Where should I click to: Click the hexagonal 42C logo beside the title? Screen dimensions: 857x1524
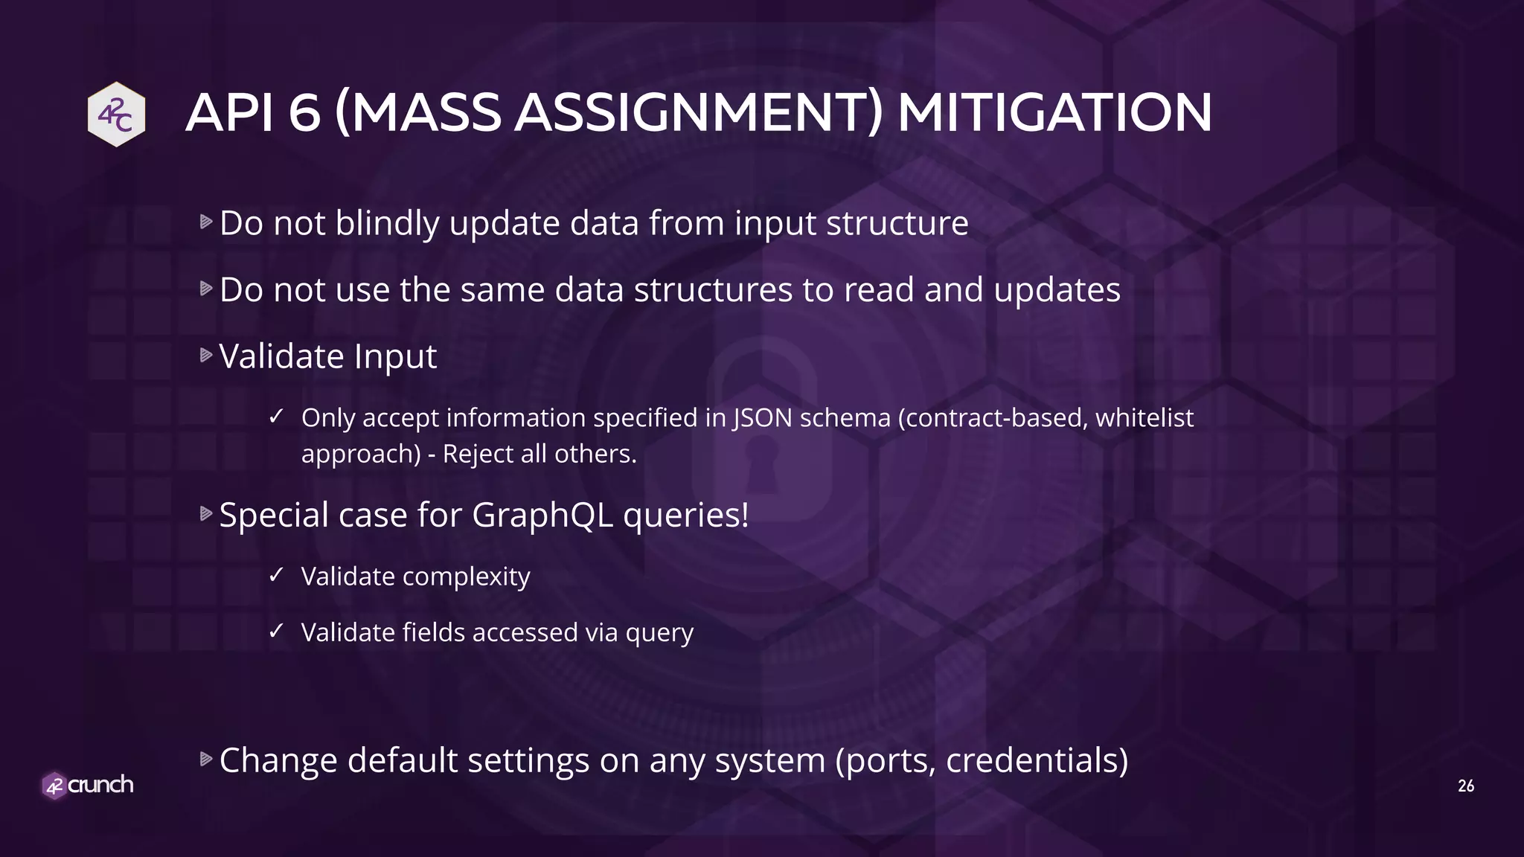point(116,114)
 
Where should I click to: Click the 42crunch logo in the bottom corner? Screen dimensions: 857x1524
point(88,785)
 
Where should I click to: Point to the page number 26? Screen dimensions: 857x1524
point(1465,786)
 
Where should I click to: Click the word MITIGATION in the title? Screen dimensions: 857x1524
point(1054,113)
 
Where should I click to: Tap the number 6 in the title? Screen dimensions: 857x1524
point(304,113)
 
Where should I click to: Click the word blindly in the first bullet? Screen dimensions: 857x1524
point(387,223)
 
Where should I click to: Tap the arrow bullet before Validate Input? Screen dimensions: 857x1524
point(206,356)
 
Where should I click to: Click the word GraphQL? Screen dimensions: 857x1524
point(542,515)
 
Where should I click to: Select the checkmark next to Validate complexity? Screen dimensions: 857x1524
point(276,574)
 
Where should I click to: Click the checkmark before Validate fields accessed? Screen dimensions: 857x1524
point(276,631)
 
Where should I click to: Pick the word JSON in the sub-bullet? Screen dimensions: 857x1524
point(763,418)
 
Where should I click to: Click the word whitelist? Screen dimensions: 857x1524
point(1144,418)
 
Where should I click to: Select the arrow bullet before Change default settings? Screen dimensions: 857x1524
point(206,760)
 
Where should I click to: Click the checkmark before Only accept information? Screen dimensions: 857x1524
point(276,416)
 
